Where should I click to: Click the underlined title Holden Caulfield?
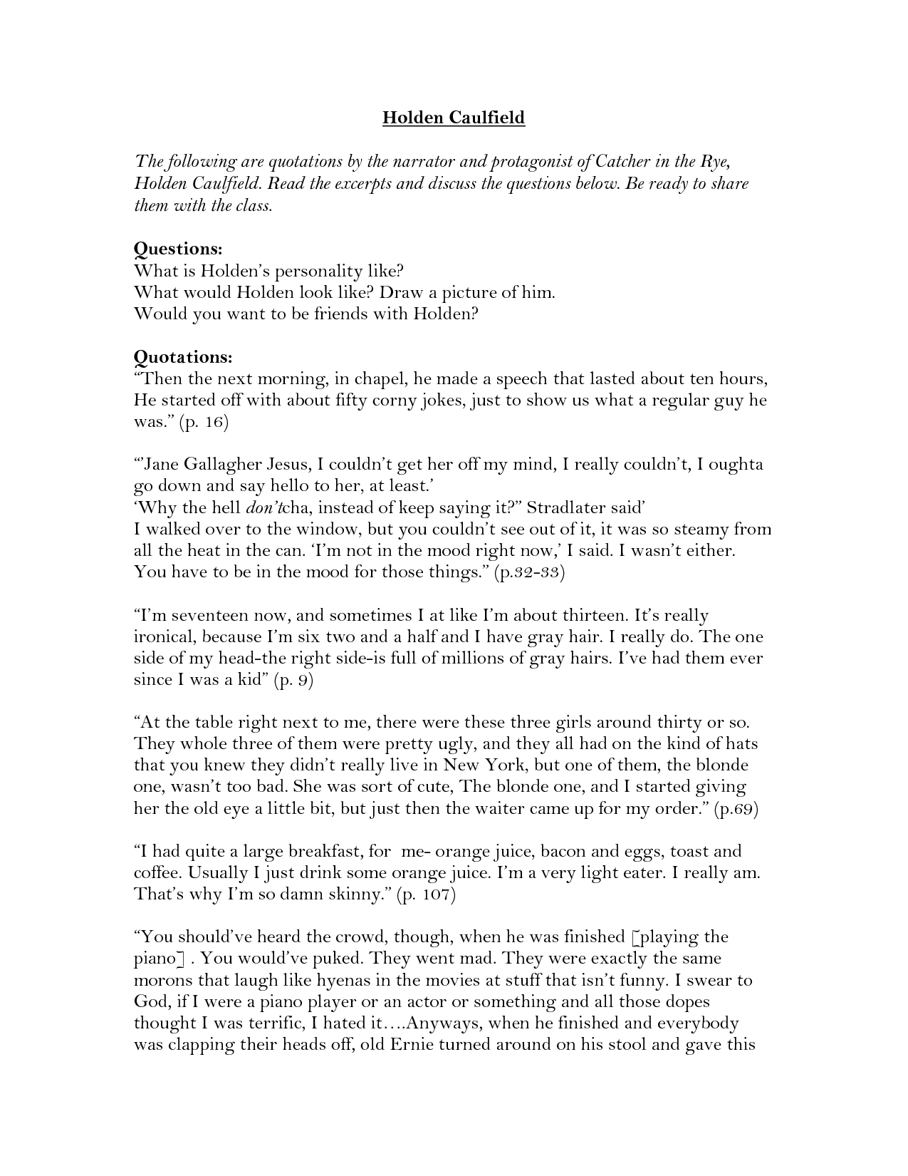tap(454, 118)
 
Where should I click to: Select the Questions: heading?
tap(178, 249)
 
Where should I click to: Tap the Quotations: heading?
tap(183, 356)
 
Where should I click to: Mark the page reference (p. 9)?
tap(293, 680)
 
